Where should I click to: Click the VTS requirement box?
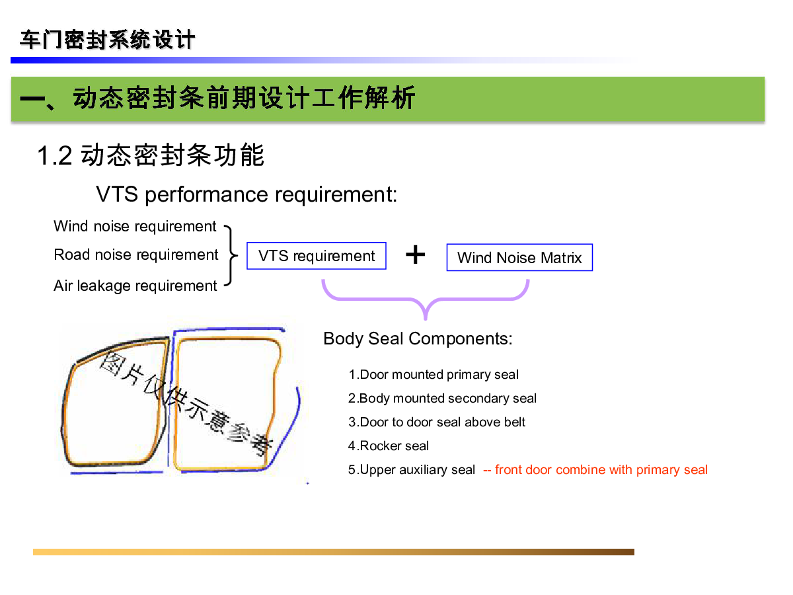[x=316, y=256]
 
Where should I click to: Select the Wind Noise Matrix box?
[x=519, y=258]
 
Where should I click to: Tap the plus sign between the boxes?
[x=415, y=255]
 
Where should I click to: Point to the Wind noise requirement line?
[x=135, y=226]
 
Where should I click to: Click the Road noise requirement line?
[x=135, y=255]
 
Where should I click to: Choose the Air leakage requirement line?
[x=135, y=286]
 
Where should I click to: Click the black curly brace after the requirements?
[x=231, y=255]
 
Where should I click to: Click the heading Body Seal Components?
[x=418, y=338]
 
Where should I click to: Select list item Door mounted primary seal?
[x=434, y=375]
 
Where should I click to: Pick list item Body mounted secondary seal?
[x=442, y=399]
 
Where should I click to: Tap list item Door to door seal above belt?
[x=437, y=422]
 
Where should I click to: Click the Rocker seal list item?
[x=389, y=446]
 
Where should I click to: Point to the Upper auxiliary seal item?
[x=412, y=470]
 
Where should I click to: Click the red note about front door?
[x=595, y=470]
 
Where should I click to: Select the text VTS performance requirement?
[x=246, y=194]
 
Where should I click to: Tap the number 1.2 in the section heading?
[x=54, y=156]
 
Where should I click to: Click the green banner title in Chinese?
[x=218, y=99]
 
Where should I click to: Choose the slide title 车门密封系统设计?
[x=107, y=40]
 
